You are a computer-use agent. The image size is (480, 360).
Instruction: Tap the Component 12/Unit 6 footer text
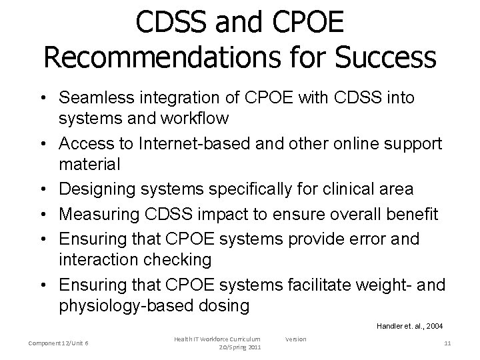pos(59,343)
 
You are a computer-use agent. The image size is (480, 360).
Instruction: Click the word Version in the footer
pos(295,339)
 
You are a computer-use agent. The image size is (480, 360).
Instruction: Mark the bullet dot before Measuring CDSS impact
pos(49,214)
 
